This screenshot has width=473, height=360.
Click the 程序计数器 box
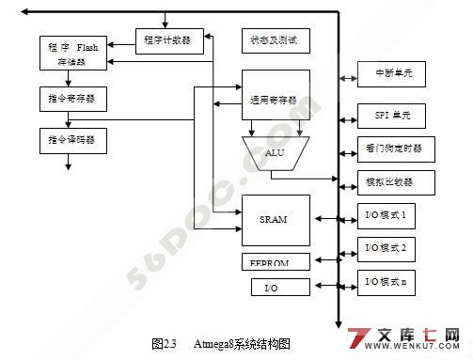166,40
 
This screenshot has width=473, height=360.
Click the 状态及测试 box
275,40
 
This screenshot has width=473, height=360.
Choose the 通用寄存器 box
275,98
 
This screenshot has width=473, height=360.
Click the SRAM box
275,219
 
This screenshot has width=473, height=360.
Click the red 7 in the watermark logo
358,340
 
